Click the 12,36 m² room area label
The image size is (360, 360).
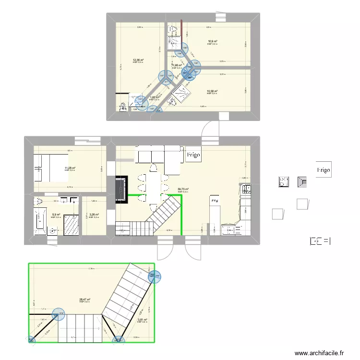point(138,60)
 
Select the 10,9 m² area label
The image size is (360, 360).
point(213,42)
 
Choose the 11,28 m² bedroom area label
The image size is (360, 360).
point(70,168)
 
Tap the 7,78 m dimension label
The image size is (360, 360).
point(91,269)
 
